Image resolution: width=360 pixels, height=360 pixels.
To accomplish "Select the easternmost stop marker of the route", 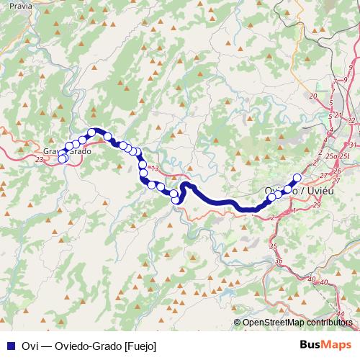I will click(x=296, y=178).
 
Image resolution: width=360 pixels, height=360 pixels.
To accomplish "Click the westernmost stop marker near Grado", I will click(x=62, y=158).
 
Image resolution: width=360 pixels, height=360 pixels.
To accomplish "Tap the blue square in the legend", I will click(x=8, y=346).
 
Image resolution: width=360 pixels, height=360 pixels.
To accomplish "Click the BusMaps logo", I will click(x=327, y=346).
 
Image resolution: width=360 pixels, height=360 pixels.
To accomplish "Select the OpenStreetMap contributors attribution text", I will click(x=298, y=323).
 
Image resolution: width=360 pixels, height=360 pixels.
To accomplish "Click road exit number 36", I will click(x=279, y=261).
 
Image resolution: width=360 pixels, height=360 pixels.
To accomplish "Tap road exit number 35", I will click(x=273, y=247).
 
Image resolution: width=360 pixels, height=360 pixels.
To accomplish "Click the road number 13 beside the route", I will click(x=153, y=168).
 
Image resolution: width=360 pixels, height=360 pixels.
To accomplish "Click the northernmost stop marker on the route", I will click(x=92, y=132).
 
